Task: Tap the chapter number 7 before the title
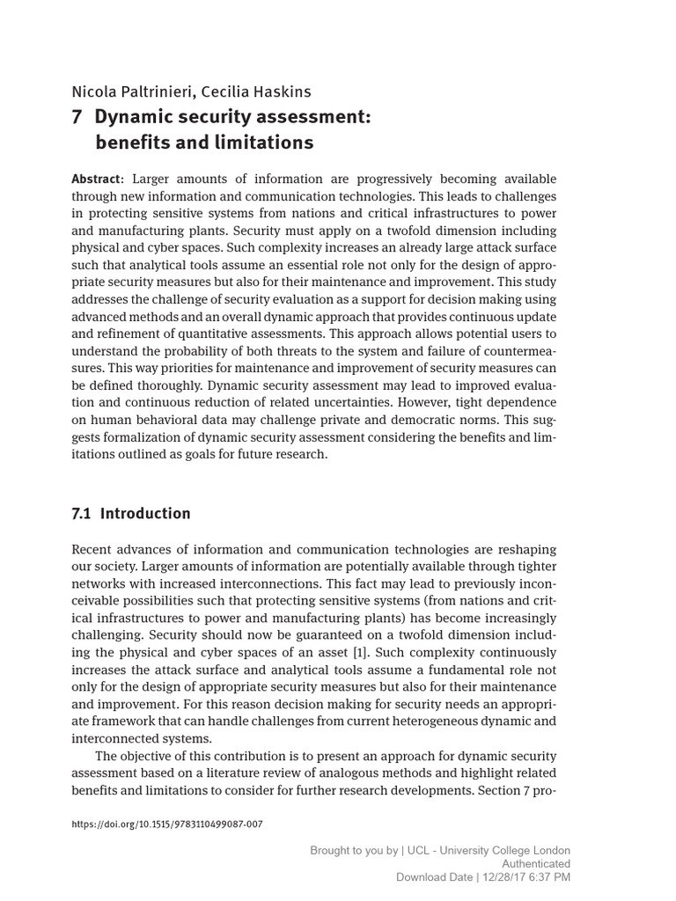(77, 117)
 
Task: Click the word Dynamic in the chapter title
(136, 117)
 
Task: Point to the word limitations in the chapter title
(270, 142)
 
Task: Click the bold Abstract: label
(98, 179)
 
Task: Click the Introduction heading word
(145, 513)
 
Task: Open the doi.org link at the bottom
(166, 824)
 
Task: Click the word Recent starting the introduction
(93, 549)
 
